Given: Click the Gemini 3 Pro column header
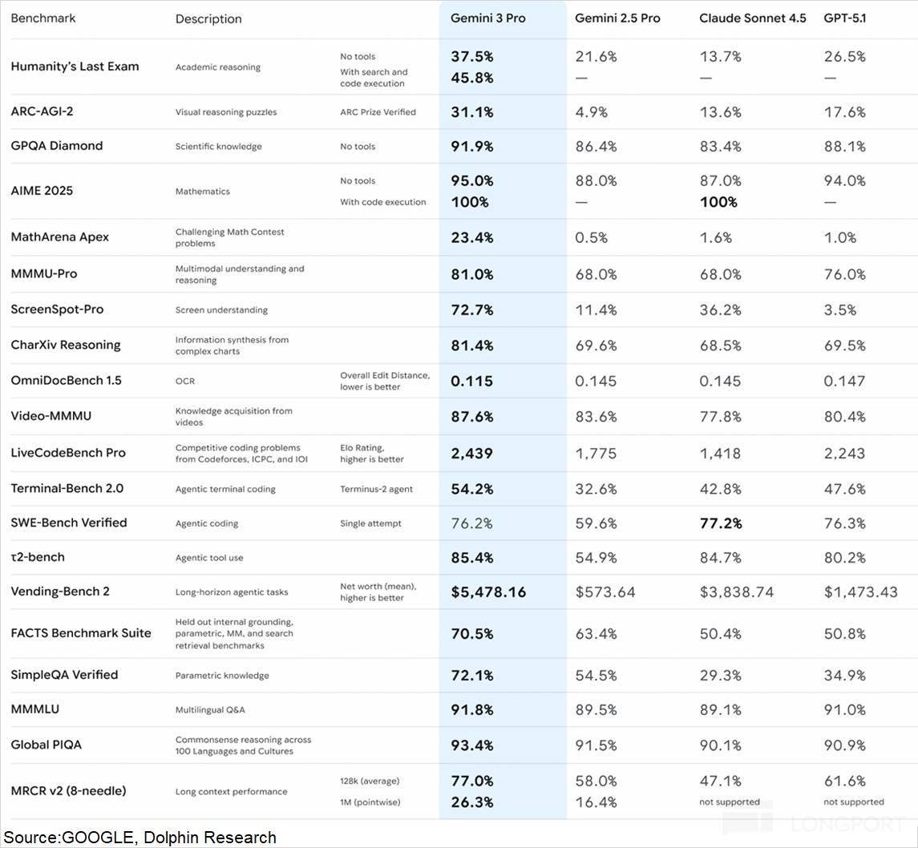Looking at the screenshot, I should click(x=487, y=18).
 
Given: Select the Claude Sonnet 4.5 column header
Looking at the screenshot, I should click(x=752, y=18).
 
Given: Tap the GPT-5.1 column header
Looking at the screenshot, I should click(x=844, y=18).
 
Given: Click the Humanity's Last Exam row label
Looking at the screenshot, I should click(x=75, y=67).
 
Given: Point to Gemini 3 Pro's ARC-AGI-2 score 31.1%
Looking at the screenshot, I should click(x=471, y=112).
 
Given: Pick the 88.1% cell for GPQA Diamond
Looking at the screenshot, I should click(x=844, y=146).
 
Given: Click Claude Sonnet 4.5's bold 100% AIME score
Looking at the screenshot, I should click(x=718, y=202).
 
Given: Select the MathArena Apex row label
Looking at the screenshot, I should click(x=59, y=237).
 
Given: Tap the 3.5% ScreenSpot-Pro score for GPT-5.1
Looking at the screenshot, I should click(x=840, y=309).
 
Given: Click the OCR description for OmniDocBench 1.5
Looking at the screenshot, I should click(x=185, y=381).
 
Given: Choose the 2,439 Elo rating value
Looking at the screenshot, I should click(x=471, y=453).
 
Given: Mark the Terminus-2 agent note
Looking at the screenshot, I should click(x=376, y=488).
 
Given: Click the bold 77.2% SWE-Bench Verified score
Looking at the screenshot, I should click(x=720, y=523).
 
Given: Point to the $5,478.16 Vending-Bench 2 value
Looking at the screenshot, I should click(x=488, y=592).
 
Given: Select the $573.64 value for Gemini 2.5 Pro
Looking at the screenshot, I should click(x=605, y=592).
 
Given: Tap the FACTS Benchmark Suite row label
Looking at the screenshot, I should click(x=80, y=633).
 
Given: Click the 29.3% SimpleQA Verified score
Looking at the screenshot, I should click(x=720, y=675).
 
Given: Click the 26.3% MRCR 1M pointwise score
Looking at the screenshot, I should click(x=471, y=802).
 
